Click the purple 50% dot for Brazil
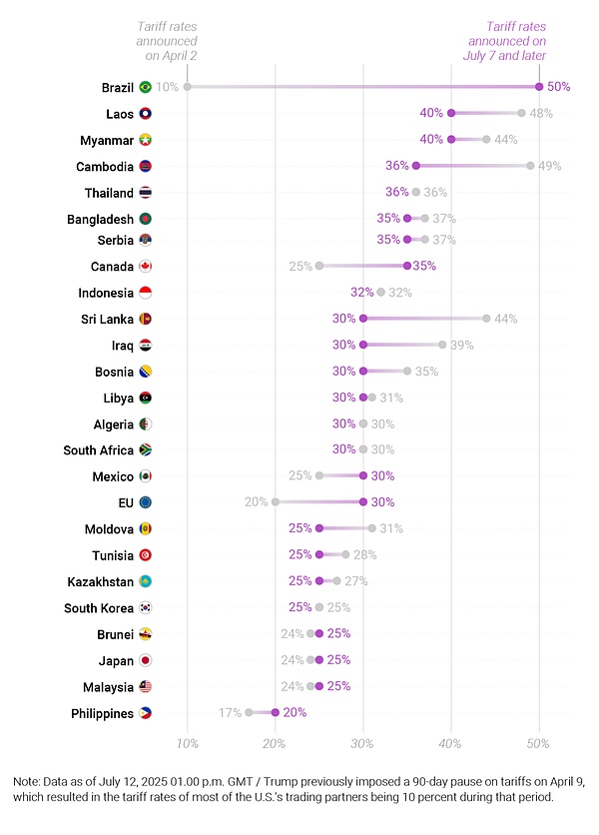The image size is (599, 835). (539, 87)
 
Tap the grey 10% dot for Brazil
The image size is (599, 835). (187, 87)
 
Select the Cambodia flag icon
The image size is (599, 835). (146, 166)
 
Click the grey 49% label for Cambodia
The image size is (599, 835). (550, 166)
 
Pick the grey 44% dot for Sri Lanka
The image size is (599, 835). (486, 319)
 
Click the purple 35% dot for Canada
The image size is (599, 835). (406, 266)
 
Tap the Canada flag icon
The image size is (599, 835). (146, 266)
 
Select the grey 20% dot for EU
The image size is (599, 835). (276, 502)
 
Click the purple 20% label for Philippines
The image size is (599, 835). (295, 713)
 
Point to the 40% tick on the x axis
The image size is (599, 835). (450, 744)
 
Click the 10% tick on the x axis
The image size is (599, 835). (187, 744)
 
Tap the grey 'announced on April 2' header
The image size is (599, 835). (167, 42)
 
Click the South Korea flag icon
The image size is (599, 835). (146, 607)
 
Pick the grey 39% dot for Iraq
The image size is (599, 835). (442, 345)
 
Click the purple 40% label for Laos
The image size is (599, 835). (431, 113)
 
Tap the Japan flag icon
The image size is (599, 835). (146, 660)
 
